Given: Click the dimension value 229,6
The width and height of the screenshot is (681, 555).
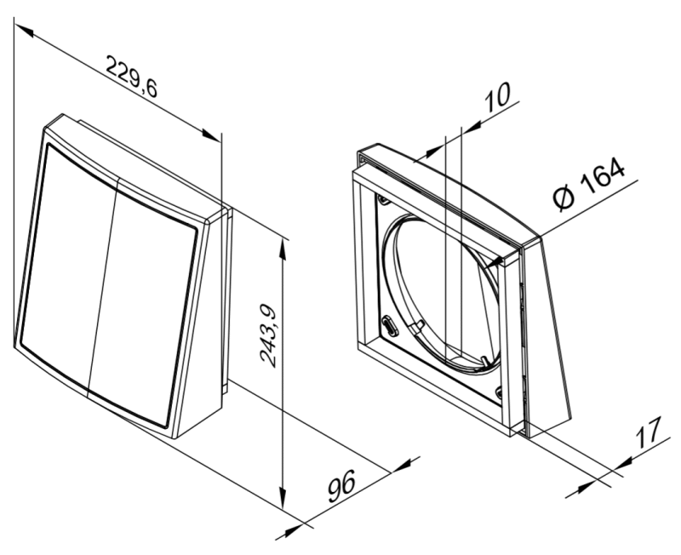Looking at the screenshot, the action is point(132,77).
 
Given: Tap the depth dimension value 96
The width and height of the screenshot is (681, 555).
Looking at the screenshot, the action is point(341,485).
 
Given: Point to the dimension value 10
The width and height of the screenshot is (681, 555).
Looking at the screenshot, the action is point(497,97).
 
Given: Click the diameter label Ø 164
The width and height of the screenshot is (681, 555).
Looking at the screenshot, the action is point(589,184).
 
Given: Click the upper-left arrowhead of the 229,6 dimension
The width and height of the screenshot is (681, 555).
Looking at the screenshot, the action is point(24,31).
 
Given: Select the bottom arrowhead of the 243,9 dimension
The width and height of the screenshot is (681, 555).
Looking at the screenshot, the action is point(283,498).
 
